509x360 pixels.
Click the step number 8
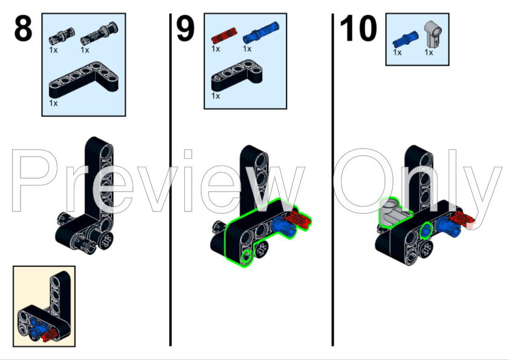pyautogui.click(x=23, y=28)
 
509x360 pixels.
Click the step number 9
pyautogui.click(x=186, y=28)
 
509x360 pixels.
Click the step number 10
pyautogui.click(x=358, y=28)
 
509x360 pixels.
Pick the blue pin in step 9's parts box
pyautogui.click(x=261, y=33)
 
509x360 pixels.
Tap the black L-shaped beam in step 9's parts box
pyautogui.click(x=236, y=76)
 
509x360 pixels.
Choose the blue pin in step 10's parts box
pyautogui.click(x=405, y=40)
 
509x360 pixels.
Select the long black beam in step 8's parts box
pyautogui.click(x=83, y=80)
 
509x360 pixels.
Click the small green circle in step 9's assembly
pyautogui.click(x=247, y=256)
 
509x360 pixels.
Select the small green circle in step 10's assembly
pyautogui.click(x=426, y=229)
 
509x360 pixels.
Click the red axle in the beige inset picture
pyautogui.click(x=50, y=335)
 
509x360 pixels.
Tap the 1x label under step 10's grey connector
pyautogui.click(x=429, y=52)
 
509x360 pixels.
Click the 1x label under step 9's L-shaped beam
pyautogui.click(x=216, y=96)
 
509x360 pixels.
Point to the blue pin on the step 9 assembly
pyautogui.click(x=283, y=227)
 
